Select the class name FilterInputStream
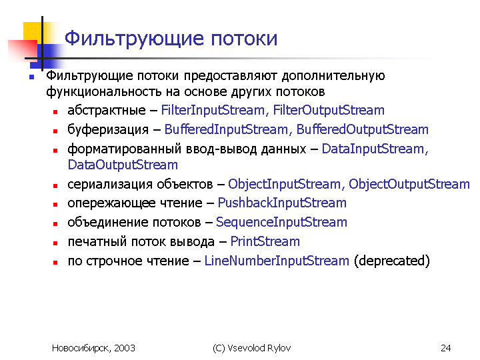[213, 110]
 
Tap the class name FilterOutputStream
[329, 110]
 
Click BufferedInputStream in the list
[226, 129]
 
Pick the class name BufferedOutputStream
[363, 129]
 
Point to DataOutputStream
[123, 165]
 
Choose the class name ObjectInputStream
[284, 184]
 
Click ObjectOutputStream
[409, 184]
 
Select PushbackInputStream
[282, 203]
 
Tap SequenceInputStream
[281, 223]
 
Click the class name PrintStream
[265, 241]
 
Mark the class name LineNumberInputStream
[277, 261]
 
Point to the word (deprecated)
[392, 261]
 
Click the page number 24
[446, 348]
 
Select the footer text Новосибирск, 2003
[93, 348]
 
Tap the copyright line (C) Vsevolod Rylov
[251, 348]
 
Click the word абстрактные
[107, 110]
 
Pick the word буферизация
[108, 130]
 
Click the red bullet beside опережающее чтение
[55, 205]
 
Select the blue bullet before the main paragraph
[31, 77]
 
